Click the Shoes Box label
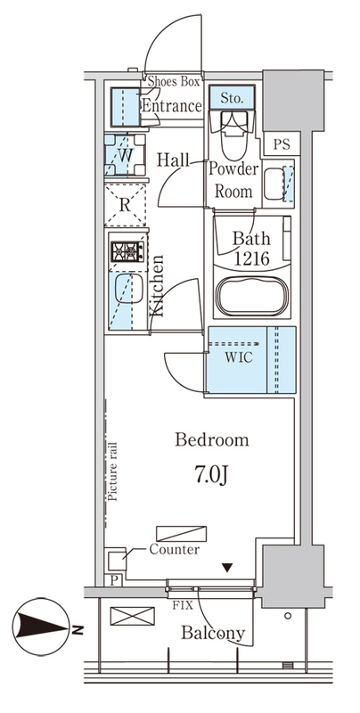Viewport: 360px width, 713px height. [x=174, y=82]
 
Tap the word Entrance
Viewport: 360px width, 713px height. [x=172, y=106]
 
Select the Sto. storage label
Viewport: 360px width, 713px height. [x=232, y=98]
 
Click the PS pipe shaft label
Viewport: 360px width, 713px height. [x=282, y=144]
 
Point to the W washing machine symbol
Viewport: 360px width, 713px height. [x=125, y=154]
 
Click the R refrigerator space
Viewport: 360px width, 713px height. [x=125, y=205]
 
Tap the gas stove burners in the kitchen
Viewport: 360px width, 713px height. [x=127, y=251]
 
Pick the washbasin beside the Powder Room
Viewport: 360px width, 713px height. [x=274, y=184]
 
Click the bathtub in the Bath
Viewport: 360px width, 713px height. [x=252, y=296]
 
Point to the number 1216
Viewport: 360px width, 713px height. [x=252, y=258]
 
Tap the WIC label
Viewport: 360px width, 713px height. [x=239, y=357]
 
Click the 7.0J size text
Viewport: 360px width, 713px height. [x=211, y=475]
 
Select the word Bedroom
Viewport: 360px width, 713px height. [x=212, y=440]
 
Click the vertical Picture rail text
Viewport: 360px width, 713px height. [x=113, y=471]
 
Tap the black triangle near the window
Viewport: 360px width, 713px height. [x=227, y=567]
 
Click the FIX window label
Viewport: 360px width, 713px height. [x=183, y=606]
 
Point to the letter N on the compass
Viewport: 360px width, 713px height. [x=78, y=630]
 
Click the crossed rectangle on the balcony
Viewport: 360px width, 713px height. [x=132, y=616]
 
